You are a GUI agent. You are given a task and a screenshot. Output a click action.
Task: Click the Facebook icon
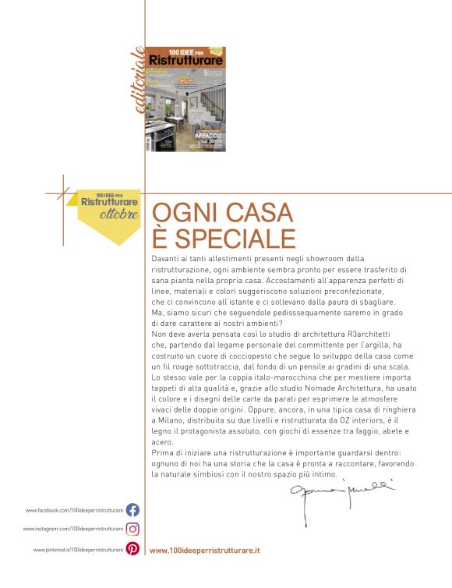(132, 510)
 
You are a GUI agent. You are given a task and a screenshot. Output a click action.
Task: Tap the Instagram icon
(132, 529)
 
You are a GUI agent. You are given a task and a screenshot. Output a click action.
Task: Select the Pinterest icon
(132, 549)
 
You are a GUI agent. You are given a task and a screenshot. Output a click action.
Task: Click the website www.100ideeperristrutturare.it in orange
(204, 550)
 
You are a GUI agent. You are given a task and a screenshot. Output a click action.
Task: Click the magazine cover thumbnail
(185, 98)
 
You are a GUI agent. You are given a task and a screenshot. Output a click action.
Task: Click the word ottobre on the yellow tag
(119, 214)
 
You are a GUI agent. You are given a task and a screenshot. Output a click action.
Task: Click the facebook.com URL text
(74, 511)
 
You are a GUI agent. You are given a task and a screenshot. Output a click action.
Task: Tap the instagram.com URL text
(73, 530)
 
